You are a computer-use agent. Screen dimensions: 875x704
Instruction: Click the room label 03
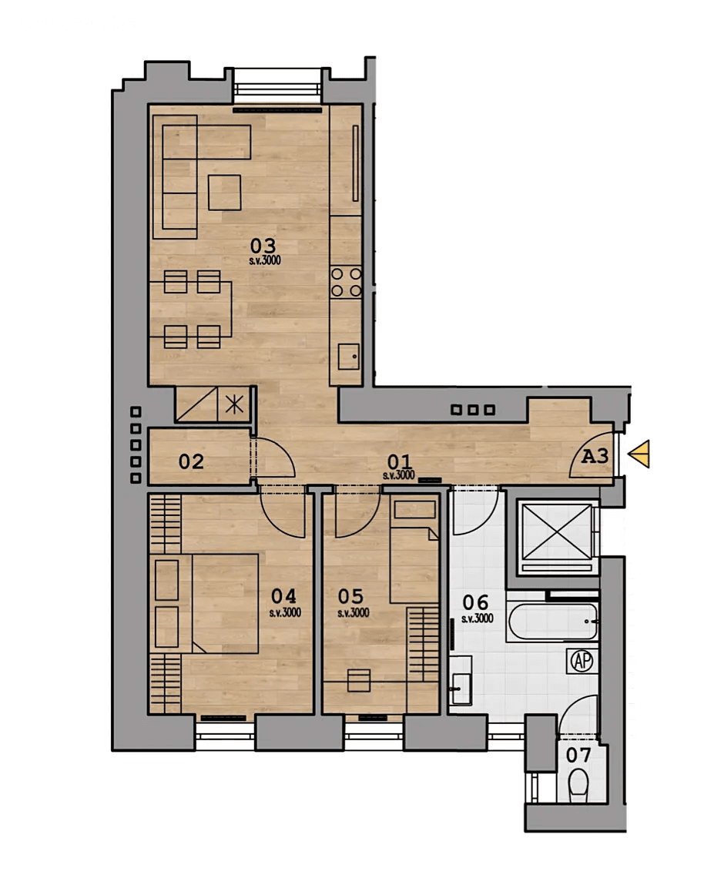[x=263, y=246]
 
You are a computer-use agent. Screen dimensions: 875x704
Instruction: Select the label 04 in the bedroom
[x=284, y=596]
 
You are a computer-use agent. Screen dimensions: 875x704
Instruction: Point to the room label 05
[x=350, y=596]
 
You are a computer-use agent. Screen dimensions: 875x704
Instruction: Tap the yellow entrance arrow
[x=639, y=454]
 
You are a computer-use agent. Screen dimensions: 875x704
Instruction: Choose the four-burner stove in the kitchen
[x=346, y=282]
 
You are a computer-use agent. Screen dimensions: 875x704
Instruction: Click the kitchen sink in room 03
[x=349, y=357]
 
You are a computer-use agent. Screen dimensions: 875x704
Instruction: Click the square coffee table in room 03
[x=225, y=193]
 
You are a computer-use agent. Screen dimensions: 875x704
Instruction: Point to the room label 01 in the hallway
[x=398, y=461]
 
